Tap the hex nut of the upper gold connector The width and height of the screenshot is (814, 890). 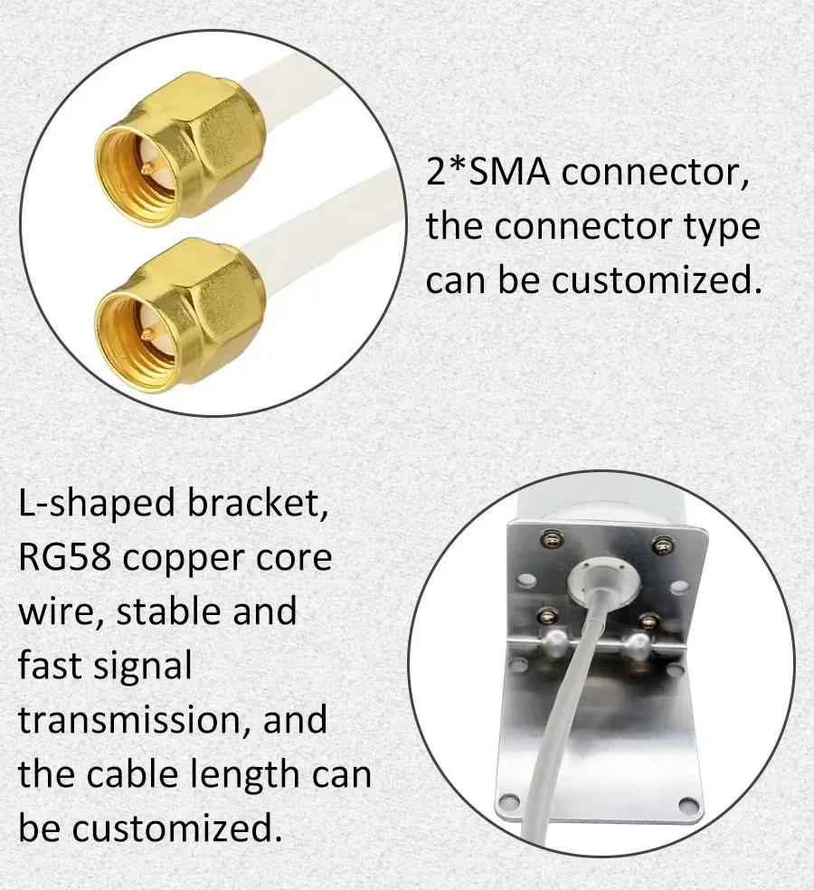[217, 137]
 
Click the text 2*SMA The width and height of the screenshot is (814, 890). [487, 172]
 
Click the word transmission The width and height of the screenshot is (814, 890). [131, 720]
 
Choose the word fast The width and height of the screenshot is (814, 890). [49, 666]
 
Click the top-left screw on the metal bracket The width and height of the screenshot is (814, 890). [546, 540]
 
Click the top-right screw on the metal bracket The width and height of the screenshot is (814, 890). [662, 544]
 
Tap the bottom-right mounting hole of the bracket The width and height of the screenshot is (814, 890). [688, 803]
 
